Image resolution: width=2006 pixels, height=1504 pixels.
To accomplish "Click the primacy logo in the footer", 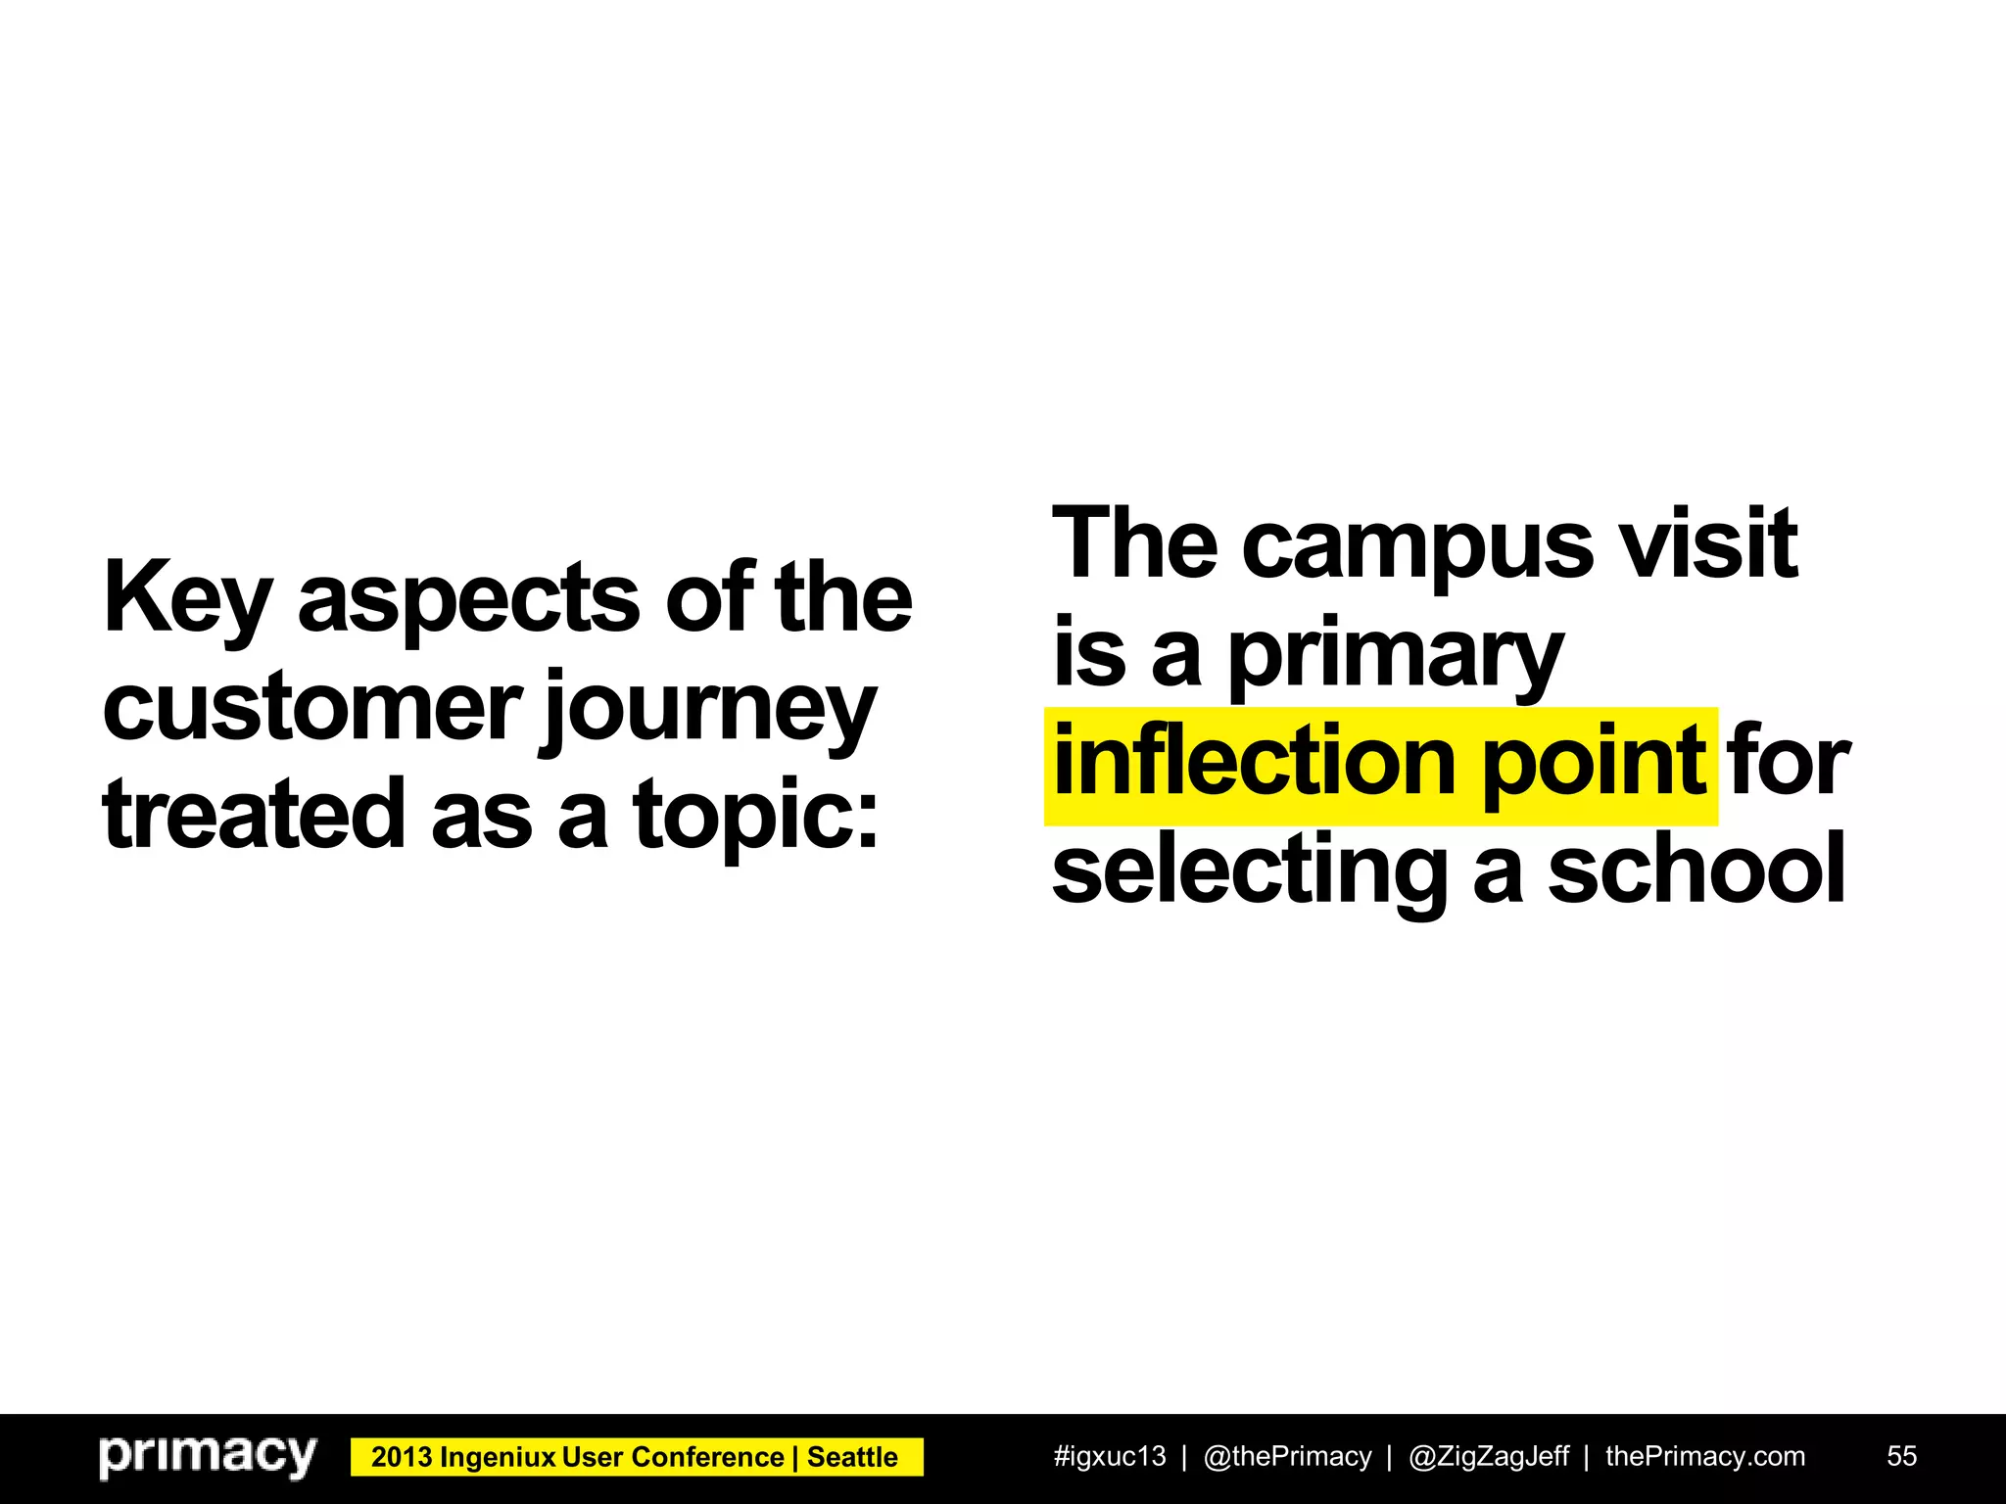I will tap(208, 1456).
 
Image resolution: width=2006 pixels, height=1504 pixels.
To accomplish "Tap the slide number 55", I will tap(1901, 1456).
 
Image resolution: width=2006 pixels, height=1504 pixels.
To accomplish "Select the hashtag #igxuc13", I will tap(1110, 1456).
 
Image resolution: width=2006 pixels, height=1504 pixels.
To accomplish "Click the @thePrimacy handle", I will tap(1287, 1456).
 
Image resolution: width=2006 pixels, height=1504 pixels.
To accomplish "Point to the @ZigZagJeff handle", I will tap(1489, 1456).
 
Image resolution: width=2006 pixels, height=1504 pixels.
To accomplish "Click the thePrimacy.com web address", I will tap(1705, 1456).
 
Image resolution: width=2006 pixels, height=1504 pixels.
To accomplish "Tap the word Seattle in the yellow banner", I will tap(852, 1457).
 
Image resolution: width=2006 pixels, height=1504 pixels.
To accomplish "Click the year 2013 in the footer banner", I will tap(402, 1457).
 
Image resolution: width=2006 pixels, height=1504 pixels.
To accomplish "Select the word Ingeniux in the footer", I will tap(499, 1457).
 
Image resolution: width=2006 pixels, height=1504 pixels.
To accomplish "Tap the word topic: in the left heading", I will tap(755, 816).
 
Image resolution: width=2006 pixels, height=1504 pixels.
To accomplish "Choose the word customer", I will tap(311, 707).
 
